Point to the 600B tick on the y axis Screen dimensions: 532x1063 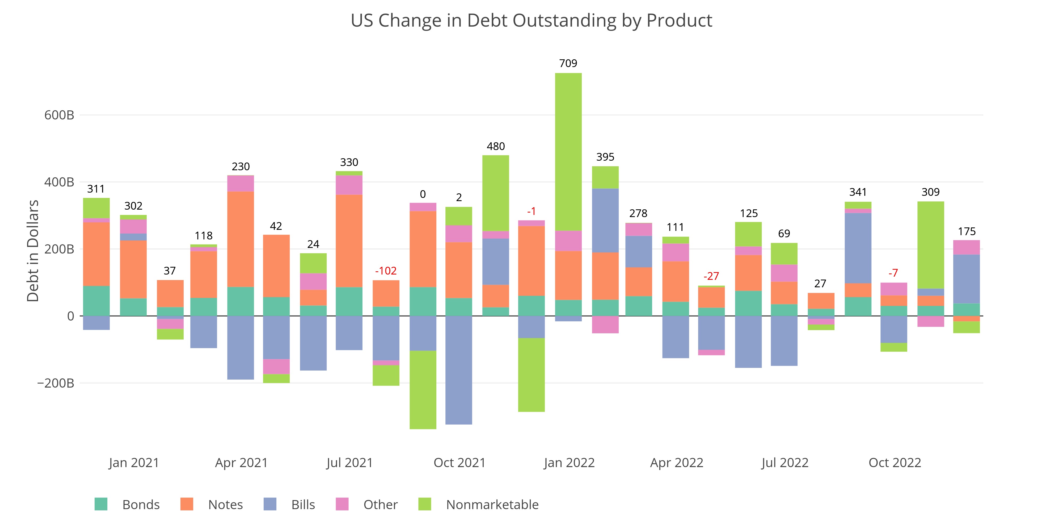[x=59, y=115]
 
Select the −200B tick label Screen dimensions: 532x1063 [x=56, y=383]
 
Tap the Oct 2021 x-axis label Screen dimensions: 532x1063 [x=459, y=463]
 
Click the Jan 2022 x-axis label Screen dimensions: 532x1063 [x=569, y=463]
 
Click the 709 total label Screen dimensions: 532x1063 [x=568, y=64]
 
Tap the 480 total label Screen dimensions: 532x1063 [x=496, y=147]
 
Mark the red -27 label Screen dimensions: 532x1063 [x=711, y=276]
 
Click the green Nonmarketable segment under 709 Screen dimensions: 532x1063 [x=568, y=152]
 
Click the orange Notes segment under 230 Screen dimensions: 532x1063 [x=241, y=239]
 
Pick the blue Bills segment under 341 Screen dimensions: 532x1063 [x=858, y=248]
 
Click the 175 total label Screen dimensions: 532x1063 [x=967, y=232]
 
